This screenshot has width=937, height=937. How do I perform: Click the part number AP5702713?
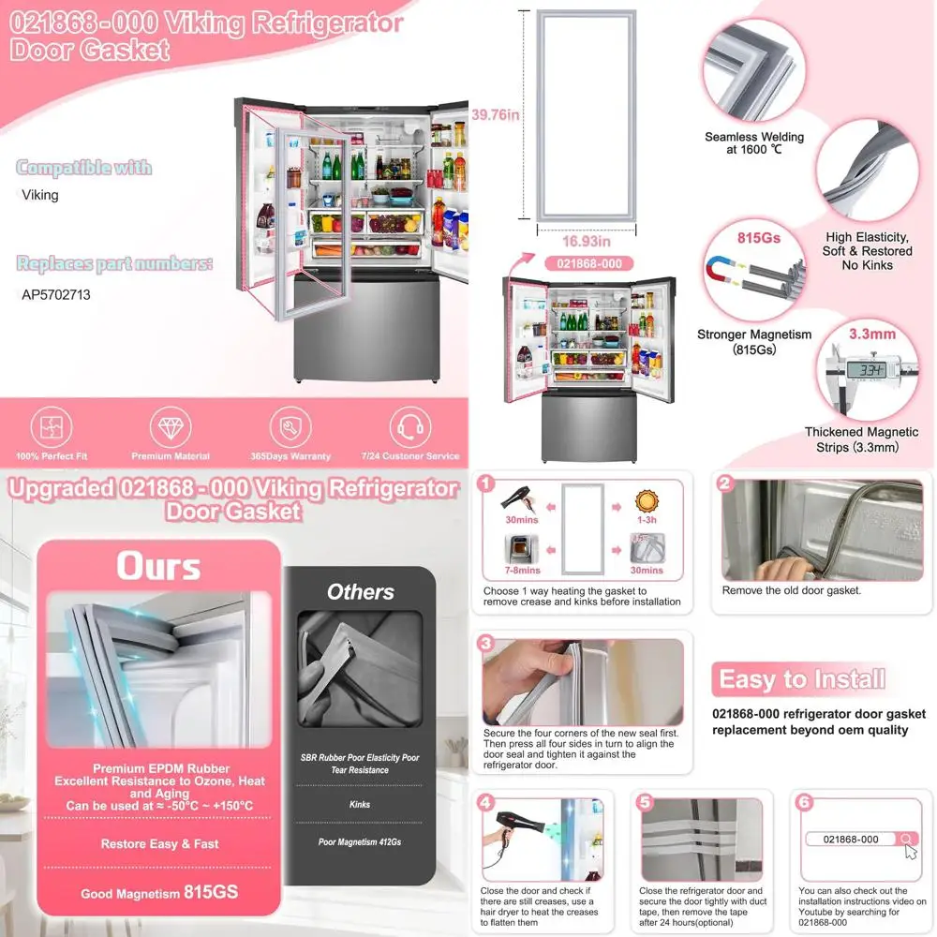(55, 293)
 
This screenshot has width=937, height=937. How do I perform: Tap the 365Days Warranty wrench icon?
(290, 428)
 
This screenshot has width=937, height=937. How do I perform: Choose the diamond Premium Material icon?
(171, 428)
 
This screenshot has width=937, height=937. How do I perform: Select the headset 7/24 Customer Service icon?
(410, 428)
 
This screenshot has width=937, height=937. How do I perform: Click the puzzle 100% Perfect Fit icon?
(52, 428)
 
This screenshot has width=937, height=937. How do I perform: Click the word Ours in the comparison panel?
(158, 567)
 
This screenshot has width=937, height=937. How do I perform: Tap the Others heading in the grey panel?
(361, 592)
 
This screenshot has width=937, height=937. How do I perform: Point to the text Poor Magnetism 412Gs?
(360, 842)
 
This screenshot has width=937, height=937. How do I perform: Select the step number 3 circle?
(485, 644)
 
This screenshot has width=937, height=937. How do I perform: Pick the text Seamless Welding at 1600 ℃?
(754, 143)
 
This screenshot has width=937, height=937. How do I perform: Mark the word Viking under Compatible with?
(40, 195)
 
